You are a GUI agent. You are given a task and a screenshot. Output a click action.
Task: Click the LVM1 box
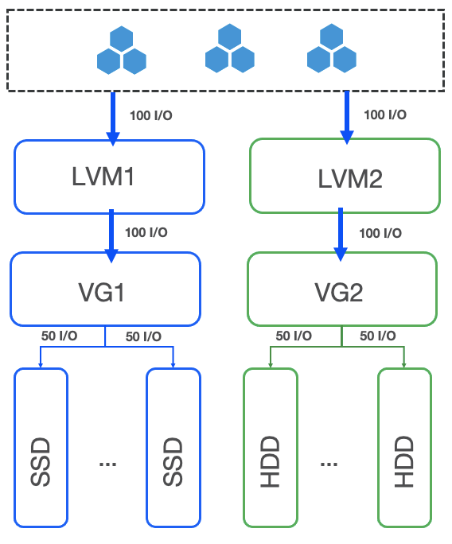pos(109,177)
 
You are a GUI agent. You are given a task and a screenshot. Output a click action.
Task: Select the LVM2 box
pos(345,176)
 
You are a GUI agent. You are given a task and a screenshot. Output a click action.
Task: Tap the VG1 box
pos(105,289)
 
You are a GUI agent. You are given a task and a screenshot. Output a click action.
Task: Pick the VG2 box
pos(341,289)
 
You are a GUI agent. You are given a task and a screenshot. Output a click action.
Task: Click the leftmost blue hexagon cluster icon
pos(121,50)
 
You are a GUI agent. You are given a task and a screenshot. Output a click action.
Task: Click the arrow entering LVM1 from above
pos(113,118)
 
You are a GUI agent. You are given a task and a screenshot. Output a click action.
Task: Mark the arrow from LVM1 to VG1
pos(111,235)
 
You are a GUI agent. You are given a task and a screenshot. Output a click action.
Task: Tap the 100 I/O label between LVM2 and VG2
pos(381,234)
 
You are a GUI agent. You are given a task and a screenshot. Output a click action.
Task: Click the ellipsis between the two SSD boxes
pos(107,464)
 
